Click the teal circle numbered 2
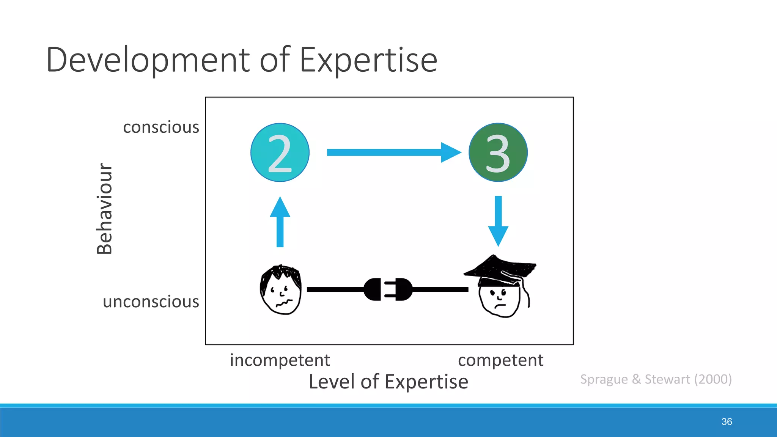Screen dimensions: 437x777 point(280,152)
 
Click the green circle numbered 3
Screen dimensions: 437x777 point(498,152)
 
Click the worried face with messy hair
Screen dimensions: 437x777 point(281,290)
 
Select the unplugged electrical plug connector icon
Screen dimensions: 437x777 point(388,289)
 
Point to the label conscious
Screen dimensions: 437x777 point(161,127)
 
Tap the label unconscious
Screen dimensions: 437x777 point(151,302)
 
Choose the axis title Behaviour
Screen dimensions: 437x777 point(104,209)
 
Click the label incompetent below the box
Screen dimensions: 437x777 point(280,360)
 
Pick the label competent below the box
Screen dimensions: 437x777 point(500,360)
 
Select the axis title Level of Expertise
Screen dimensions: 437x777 point(388,382)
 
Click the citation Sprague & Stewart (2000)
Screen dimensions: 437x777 point(656,379)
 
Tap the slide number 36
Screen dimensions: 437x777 point(727,421)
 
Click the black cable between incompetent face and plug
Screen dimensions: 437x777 point(334,289)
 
